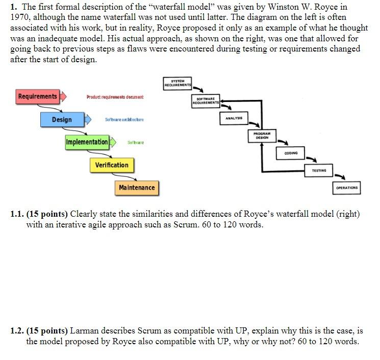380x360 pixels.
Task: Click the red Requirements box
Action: click(x=38, y=96)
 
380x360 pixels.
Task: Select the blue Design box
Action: click(x=62, y=119)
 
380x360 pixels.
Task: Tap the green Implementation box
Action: click(x=87, y=142)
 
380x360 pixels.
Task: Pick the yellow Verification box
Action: click(x=112, y=165)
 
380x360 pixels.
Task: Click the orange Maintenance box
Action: click(x=137, y=188)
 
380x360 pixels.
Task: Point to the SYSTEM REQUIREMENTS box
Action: click(x=178, y=83)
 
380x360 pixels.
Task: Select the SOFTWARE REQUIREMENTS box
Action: click(x=206, y=100)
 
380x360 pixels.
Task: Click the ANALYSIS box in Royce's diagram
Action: click(x=234, y=118)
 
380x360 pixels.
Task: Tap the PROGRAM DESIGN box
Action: click(x=262, y=135)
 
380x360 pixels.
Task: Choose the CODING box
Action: click(x=290, y=153)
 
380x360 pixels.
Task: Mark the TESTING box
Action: click(x=318, y=170)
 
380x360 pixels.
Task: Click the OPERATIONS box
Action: click(x=347, y=188)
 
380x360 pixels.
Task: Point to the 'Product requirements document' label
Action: click(x=115, y=97)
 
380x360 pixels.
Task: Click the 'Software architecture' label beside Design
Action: click(x=124, y=119)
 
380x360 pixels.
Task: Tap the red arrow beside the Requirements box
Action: click(x=63, y=96)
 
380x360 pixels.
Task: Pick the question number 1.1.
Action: click(x=17, y=214)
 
